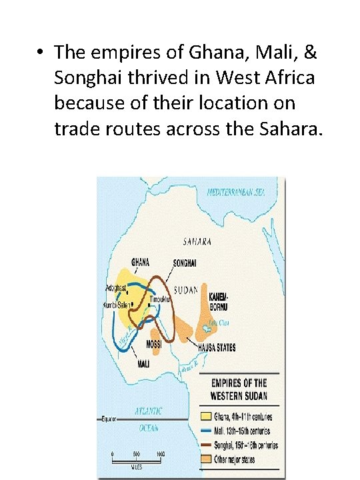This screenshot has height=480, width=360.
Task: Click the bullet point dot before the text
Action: [41, 52]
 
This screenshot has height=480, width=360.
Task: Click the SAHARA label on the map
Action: [197, 241]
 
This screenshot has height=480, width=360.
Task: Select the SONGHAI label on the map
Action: [184, 263]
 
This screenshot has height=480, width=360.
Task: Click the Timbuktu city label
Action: [160, 300]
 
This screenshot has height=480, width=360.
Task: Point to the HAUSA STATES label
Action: [217, 347]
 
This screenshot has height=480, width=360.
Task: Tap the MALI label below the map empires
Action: [143, 364]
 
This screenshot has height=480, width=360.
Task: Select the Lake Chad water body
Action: [213, 325]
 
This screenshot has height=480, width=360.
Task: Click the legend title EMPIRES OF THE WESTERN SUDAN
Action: [239, 389]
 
